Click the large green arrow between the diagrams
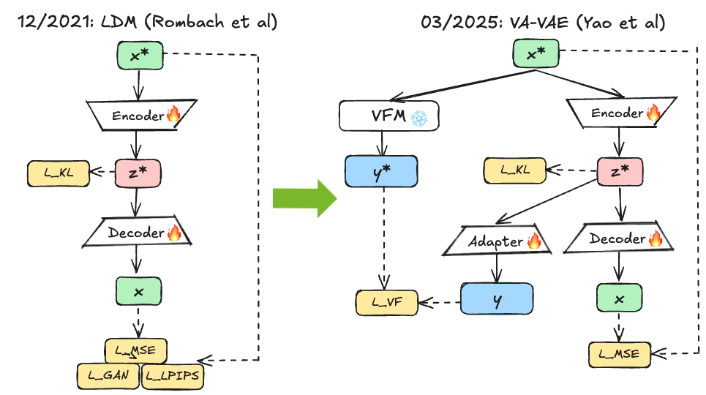click(304, 197)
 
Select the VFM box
click(388, 116)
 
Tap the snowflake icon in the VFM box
click(418, 117)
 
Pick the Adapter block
click(497, 241)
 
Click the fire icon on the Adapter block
click(533, 241)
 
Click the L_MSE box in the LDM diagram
click(136, 350)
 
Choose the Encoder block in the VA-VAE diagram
click(620, 113)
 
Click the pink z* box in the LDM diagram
click(137, 173)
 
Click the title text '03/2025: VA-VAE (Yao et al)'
click(543, 22)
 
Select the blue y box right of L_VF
click(497, 300)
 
